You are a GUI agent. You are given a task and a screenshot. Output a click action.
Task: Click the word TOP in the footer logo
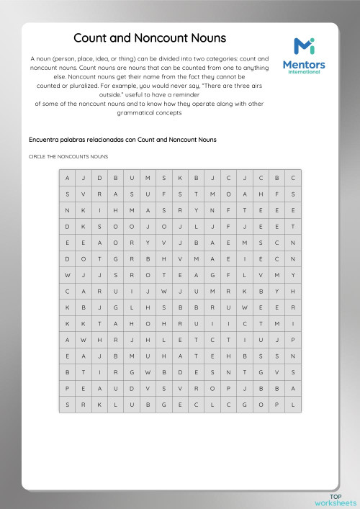point(336,496)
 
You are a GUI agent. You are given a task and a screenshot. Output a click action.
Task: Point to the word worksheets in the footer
point(336,503)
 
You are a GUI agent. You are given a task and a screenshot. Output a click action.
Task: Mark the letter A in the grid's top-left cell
point(67,177)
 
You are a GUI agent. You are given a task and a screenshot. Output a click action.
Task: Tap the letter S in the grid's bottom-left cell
point(67,405)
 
